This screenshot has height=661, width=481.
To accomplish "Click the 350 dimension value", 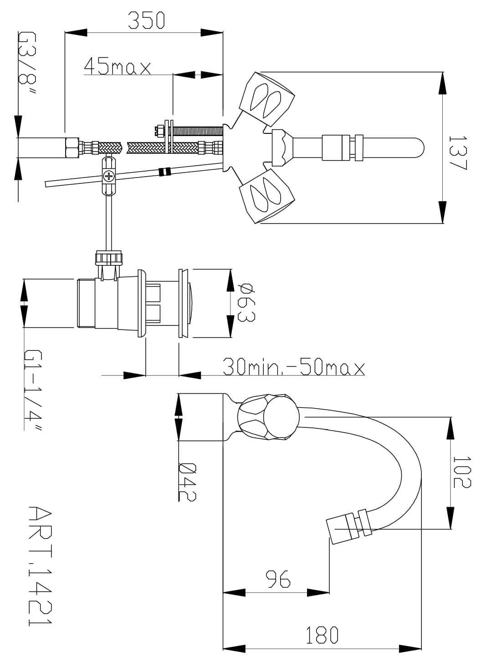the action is click(x=147, y=20).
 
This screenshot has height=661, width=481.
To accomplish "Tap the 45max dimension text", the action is click(x=117, y=66).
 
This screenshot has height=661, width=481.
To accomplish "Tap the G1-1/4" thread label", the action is click(x=33, y=390).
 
